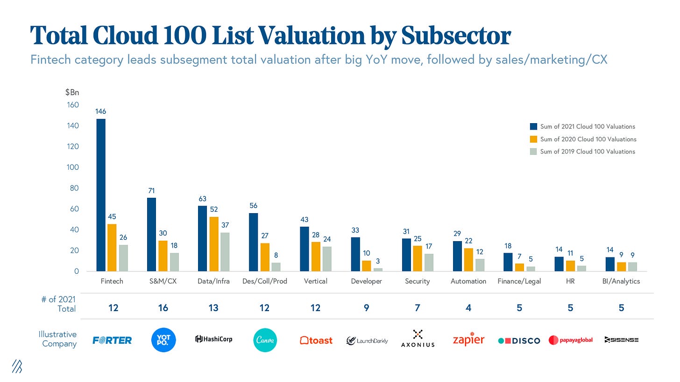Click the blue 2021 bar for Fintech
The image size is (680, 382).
pyautogui.click(x=101, y=195)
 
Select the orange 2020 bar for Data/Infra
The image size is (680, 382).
pyautogui.click(x=213, y=244)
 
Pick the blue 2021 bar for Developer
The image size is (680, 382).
pyautogui.click(x=355, y=254)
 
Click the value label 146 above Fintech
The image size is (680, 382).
pyautogui.click(x=100, y=111)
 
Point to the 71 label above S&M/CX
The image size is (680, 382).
pyautogui.click(x=151, y=190)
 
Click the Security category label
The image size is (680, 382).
pyautogui.click(x=417, y=281)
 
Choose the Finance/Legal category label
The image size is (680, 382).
pyautogui.click(x=519, y=281)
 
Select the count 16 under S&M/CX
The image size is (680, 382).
pyautogui.click(x=163, y=308)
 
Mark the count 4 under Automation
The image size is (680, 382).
pyautogui.click(x=468, y=308)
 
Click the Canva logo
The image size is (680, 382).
pyautogui.click(x=265, y=340)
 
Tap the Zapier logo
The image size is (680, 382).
pyautogui.click(x=468, y=340)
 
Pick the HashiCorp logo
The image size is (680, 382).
pyautogui.click(x=213, y=339)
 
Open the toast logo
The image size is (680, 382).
pyautogui.click(x=316, y=340)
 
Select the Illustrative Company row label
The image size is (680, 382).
pyautogui.click(x=58, y=339)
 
